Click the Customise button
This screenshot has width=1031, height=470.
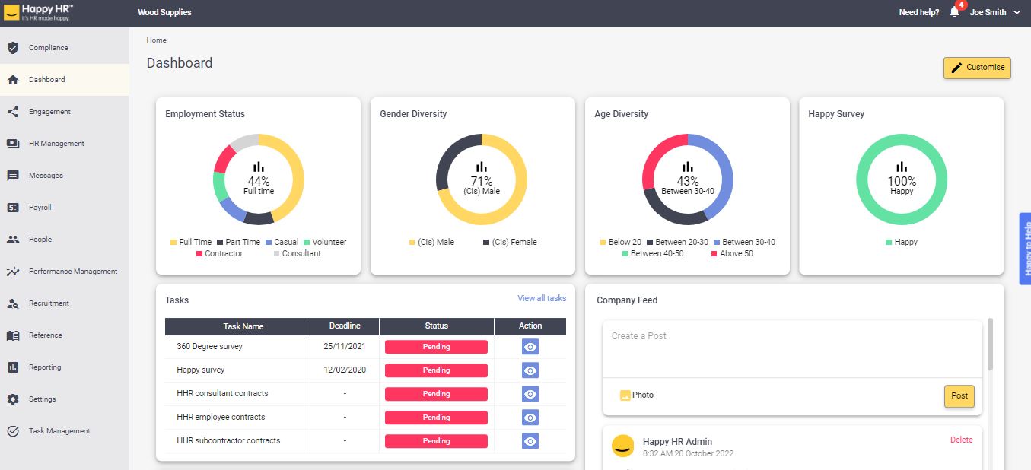(x=977, y=68)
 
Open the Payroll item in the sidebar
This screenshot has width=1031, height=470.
(x=40, y=208)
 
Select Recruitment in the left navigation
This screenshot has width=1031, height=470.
(x=49, y=303)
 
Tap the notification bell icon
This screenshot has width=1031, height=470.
(x=954, y=12)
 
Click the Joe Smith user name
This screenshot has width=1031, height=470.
(x=988, y=13)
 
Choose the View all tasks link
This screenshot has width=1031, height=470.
(x=542, y=299)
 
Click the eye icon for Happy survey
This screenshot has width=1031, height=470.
(x=530, y=370)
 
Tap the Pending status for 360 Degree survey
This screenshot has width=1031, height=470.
(x=436, y=347)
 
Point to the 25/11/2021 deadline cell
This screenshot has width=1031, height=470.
(x=345, y=347)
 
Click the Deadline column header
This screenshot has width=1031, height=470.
(x=345, y=326)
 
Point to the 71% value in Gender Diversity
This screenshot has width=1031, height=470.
(x=482, y=181)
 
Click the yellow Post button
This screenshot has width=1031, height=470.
(x=959, y=396)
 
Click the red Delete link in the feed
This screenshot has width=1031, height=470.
(x=961, y=440)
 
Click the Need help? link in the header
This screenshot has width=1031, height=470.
(x=918, y=13)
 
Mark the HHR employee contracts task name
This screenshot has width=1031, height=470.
(x=221, y=418)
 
